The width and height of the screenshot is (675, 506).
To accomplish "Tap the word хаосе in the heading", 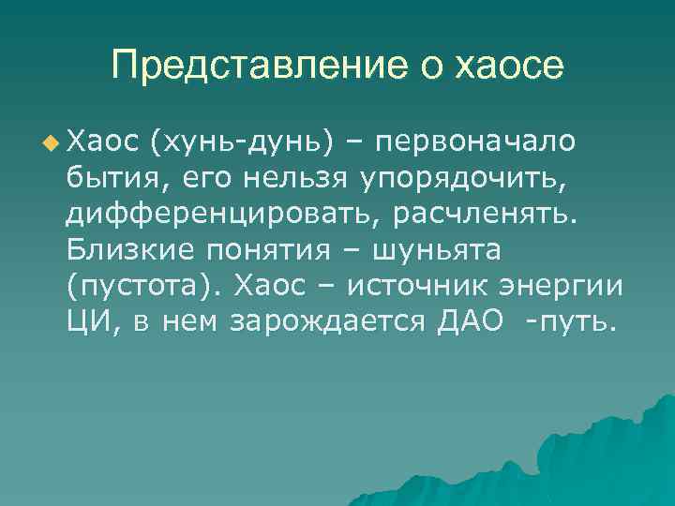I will [x=508, y=67].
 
